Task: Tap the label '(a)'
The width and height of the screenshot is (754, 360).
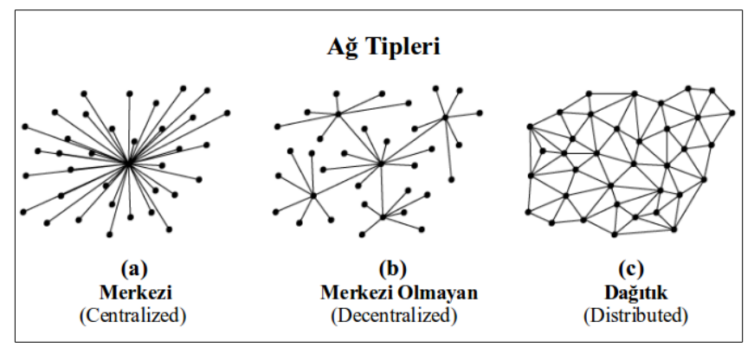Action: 128,268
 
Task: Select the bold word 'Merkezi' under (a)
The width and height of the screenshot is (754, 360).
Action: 128,292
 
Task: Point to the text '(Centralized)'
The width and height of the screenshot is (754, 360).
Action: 128,315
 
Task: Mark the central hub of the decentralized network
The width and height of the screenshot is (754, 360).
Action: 380,162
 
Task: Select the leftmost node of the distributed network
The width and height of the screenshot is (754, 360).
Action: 529,127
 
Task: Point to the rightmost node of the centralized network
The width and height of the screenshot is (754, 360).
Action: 228,112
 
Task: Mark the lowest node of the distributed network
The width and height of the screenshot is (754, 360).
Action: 613,235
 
